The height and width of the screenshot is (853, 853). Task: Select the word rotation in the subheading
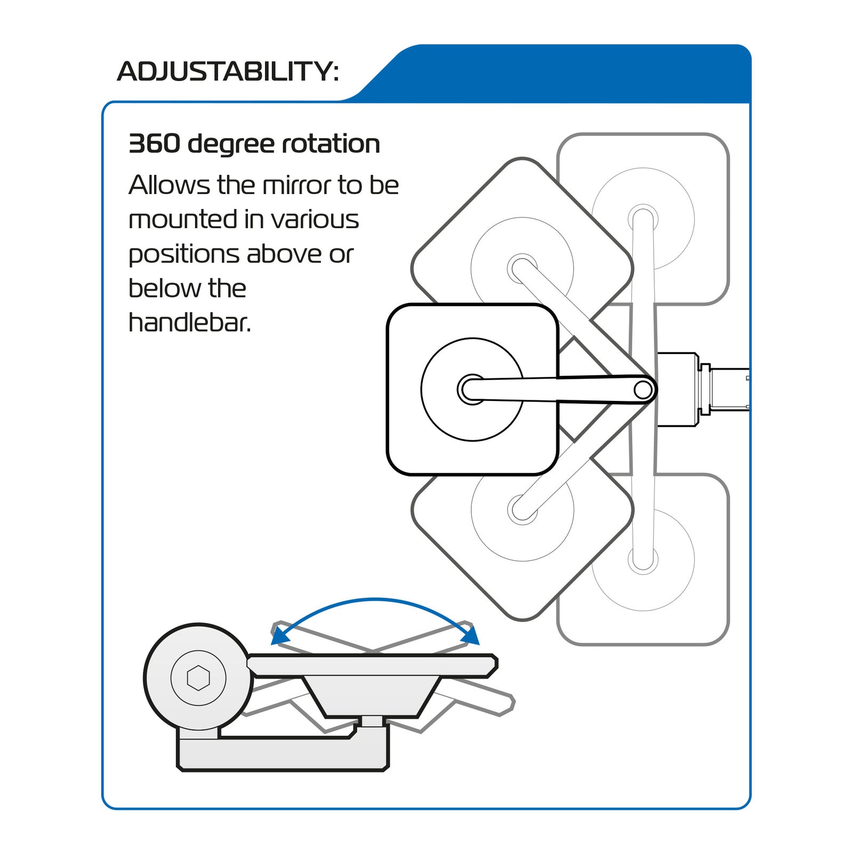point(331,144)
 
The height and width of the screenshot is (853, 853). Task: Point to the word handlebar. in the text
point(189,323)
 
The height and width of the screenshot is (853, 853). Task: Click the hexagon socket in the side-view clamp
point(198,678)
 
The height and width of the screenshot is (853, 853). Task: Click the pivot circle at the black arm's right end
point(643,390)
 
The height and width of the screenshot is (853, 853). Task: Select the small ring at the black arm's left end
point(471,390)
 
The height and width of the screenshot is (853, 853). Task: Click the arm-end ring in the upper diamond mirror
point(522,269)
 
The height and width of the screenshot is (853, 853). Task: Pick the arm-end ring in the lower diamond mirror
point(522,510)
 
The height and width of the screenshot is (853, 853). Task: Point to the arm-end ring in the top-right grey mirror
point(643,219)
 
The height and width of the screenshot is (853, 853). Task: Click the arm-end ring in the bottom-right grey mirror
point(643,560)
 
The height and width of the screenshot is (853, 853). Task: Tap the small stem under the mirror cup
point(372,721)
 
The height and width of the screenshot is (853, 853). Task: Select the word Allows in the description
point(169,186)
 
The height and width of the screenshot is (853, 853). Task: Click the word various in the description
point(315,220)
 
